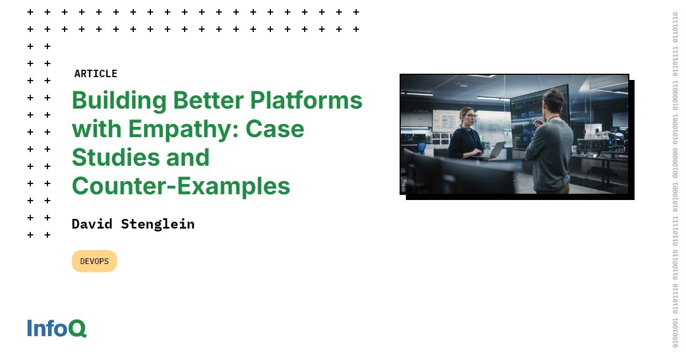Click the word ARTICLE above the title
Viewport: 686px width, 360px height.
pos(95,74)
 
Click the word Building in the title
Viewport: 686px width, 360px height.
pos(119,101)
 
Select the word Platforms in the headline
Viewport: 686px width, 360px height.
pos(306,100)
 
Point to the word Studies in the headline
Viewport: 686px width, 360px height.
pos(115,157)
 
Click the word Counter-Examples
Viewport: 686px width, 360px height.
pos(181,186)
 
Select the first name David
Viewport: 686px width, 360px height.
pos(92,224)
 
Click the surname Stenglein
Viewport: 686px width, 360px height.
pos(158,225)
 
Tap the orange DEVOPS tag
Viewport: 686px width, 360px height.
pos(94,261)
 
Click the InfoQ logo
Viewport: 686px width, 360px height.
pos(57,328)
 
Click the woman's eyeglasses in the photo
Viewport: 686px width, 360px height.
pos(472,116)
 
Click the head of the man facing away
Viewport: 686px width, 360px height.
pos(554,102)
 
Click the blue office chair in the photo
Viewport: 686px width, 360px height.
pos(422,148)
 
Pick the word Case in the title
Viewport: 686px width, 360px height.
pos(275,129)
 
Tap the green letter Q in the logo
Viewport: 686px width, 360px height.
pos(78,329)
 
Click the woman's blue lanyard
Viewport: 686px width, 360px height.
pos(470,137)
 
